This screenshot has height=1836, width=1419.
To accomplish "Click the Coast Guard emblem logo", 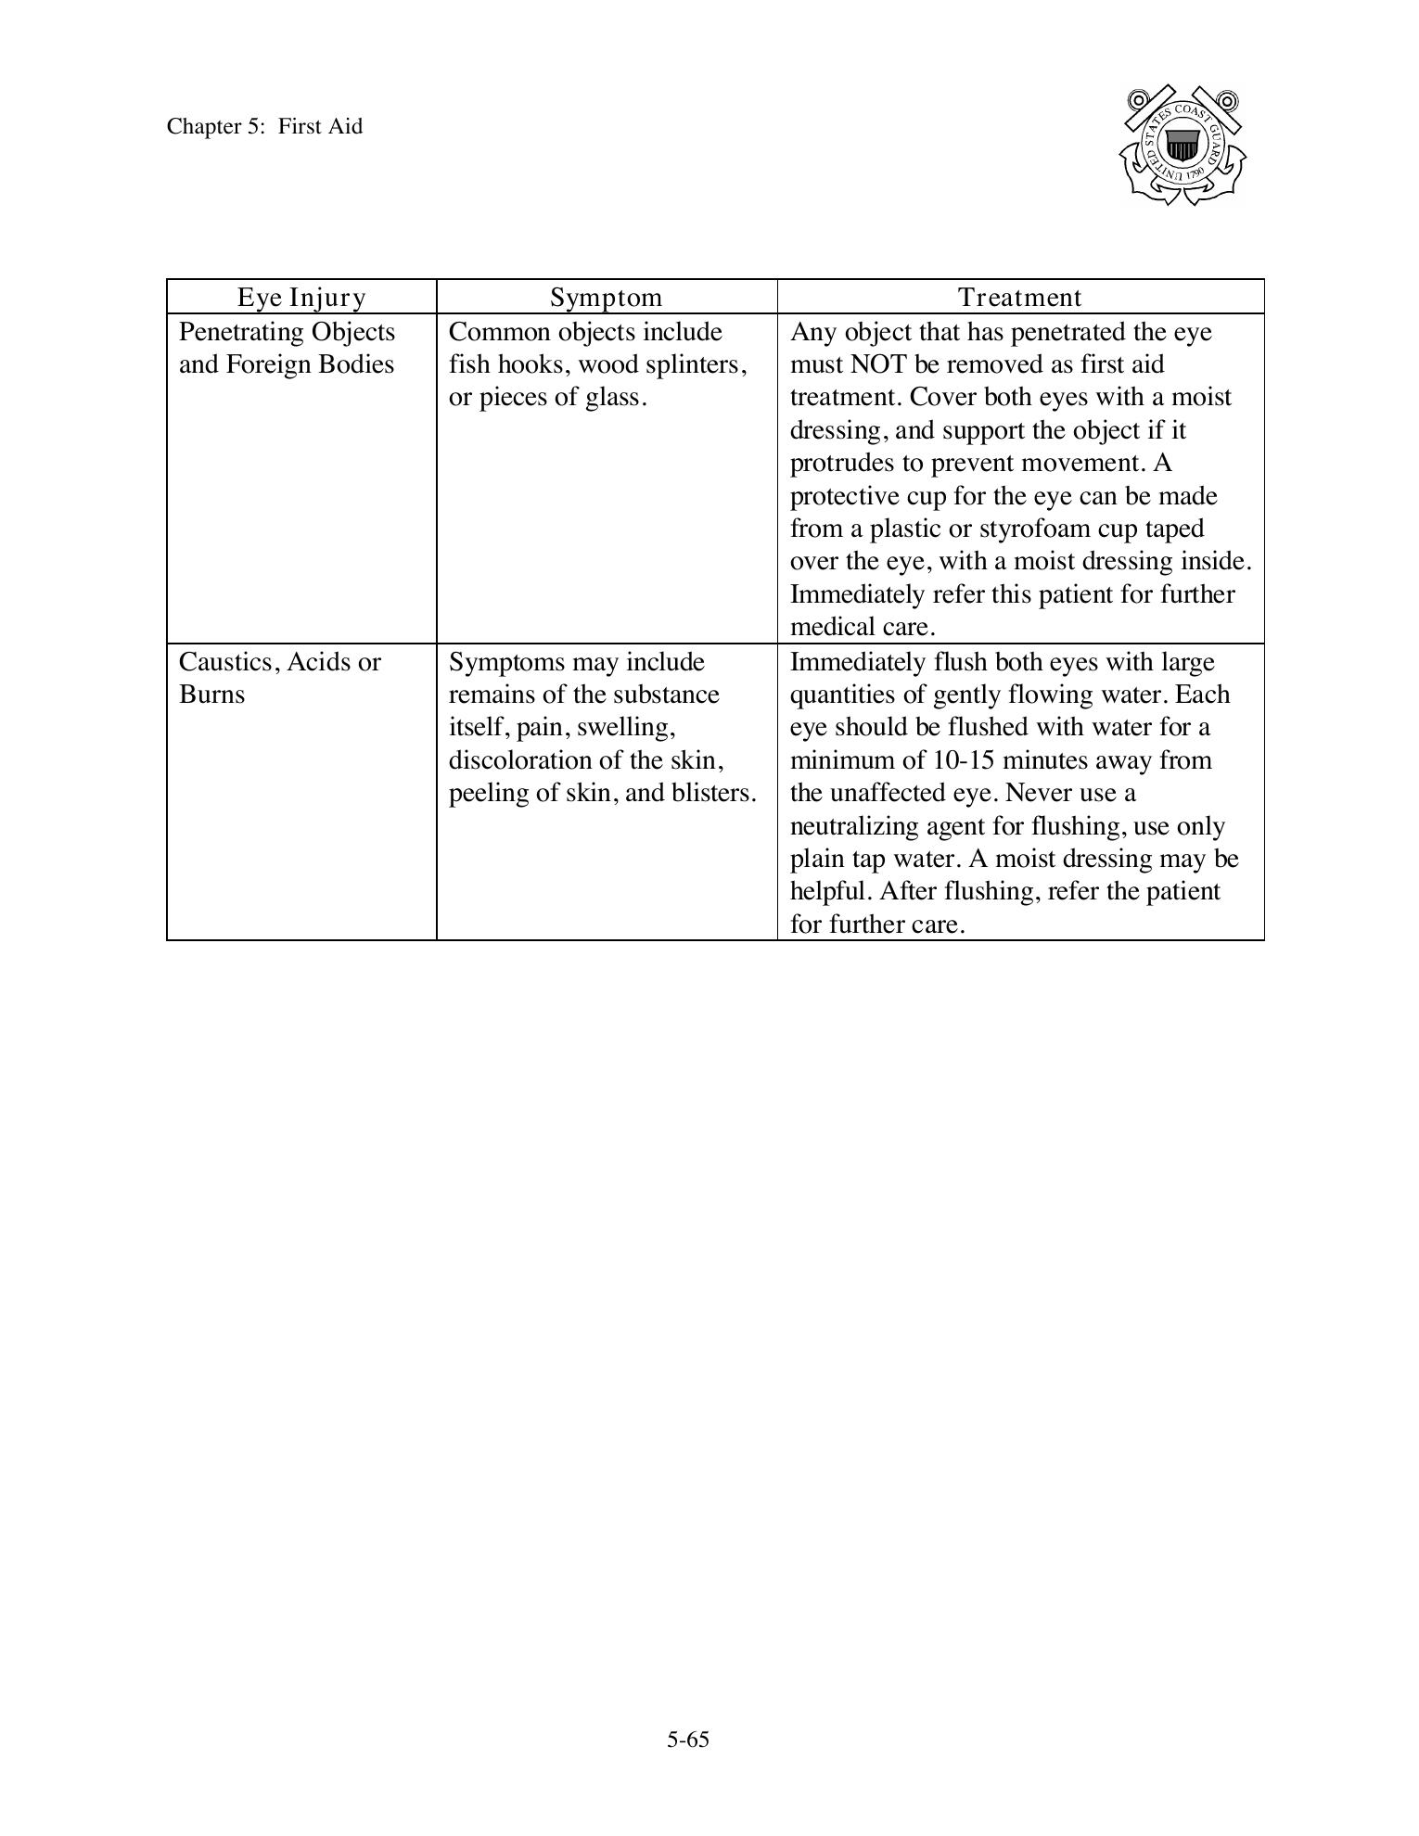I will (1182, 146).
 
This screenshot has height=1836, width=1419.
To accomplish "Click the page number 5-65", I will (687, 1740).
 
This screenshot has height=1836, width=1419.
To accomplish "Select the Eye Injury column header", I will (301, 297).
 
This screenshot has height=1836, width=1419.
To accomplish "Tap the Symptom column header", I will (607, 297).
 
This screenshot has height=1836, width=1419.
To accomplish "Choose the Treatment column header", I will (1020, 297).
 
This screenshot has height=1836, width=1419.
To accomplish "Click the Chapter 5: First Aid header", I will (264, 126).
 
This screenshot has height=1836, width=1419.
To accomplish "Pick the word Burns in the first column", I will (211, 695).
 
